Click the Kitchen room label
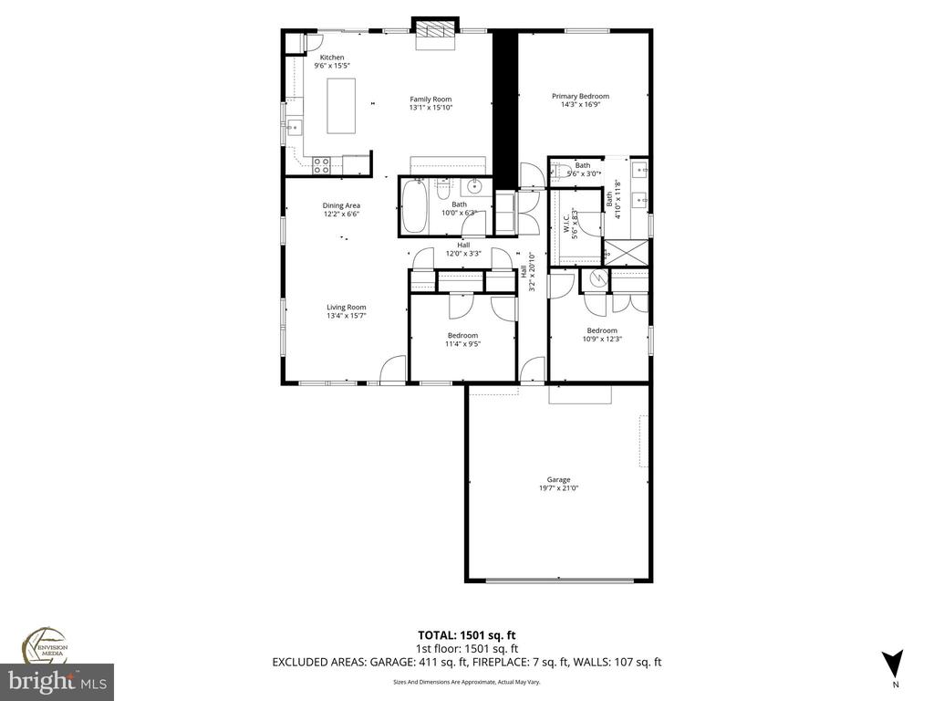331,58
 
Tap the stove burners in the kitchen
321,165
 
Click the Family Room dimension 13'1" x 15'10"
431,108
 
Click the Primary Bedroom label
580,96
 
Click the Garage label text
558,479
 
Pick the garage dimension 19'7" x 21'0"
558,488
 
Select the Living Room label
347,308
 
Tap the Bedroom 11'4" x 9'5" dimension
462,344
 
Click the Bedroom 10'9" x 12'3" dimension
602,340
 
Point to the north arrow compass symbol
894,664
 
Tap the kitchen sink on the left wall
295,127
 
